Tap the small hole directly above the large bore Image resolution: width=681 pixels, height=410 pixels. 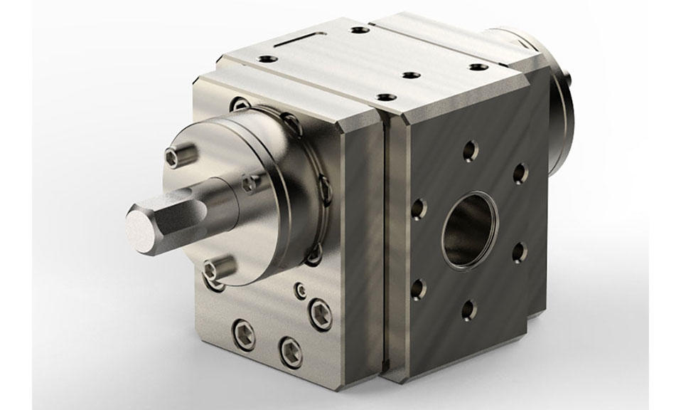point(470,150)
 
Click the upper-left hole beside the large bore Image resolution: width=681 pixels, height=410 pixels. point(419,209)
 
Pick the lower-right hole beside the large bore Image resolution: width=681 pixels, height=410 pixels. point(520,251)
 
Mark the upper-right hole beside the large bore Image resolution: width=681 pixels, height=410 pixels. point(520,173)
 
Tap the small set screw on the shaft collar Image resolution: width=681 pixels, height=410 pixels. point(248,184)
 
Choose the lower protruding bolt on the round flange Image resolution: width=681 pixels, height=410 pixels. point(217,268)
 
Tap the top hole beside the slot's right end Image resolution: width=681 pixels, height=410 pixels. point(360,31)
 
